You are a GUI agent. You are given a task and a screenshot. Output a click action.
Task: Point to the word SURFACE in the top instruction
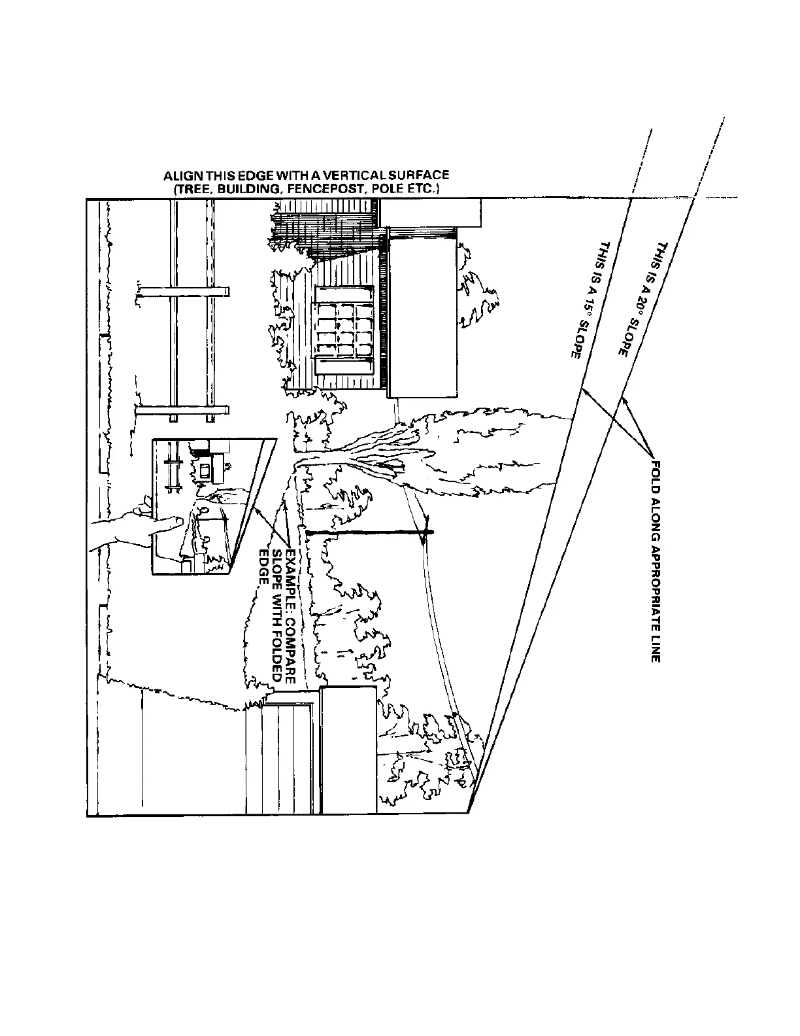point(424,176)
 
